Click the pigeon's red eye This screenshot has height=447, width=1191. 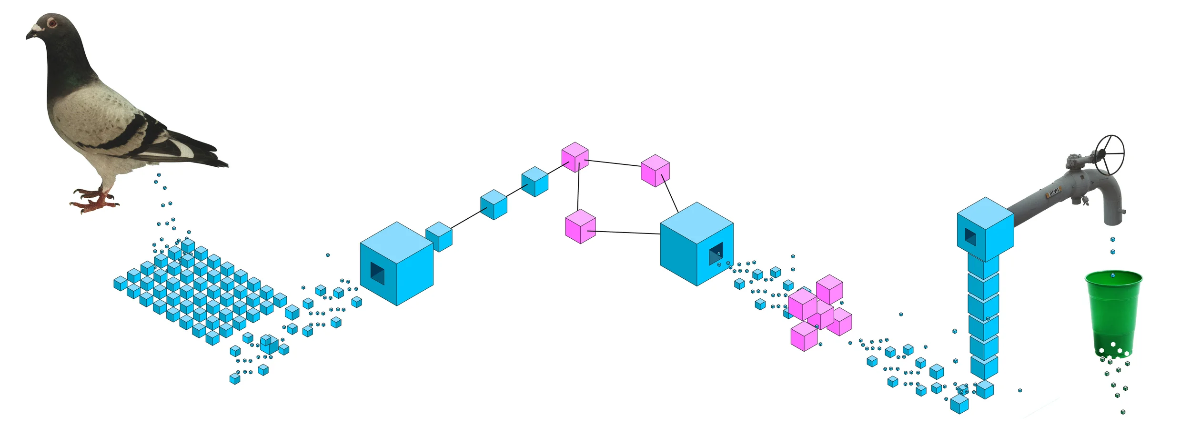click(x=52, y=22)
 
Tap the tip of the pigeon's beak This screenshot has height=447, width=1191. click(x=27, y=37)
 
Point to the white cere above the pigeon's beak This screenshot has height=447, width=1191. click(x=37, y=28)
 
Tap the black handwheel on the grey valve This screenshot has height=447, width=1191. click(x=1110, y=154)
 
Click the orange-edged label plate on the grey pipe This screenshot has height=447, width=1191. click(x=1054, y=192)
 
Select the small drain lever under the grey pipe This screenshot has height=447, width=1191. click(x=1085, y=201)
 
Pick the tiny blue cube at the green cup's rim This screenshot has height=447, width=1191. click(x=1113, y=275)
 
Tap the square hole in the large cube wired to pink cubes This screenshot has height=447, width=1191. click(x=716, y=253)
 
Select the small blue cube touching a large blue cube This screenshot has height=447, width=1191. click(x=439, y=237)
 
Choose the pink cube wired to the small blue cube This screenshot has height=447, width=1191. click(x=575, y=157)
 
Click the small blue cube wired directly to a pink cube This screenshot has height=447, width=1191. click(x=535, y=182)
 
